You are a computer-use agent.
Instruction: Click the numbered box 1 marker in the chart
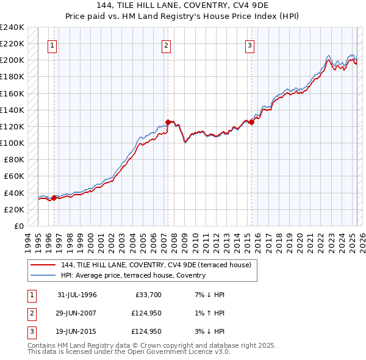point(52,45)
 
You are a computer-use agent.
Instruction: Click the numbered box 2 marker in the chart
point(166,45)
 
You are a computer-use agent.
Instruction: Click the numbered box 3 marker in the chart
point(250,45)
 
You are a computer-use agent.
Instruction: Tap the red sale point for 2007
point(168,122)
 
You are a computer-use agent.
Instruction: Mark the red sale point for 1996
point(54,198)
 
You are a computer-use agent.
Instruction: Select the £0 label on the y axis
point(18,226)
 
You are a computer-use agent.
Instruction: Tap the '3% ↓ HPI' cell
point(211,332)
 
